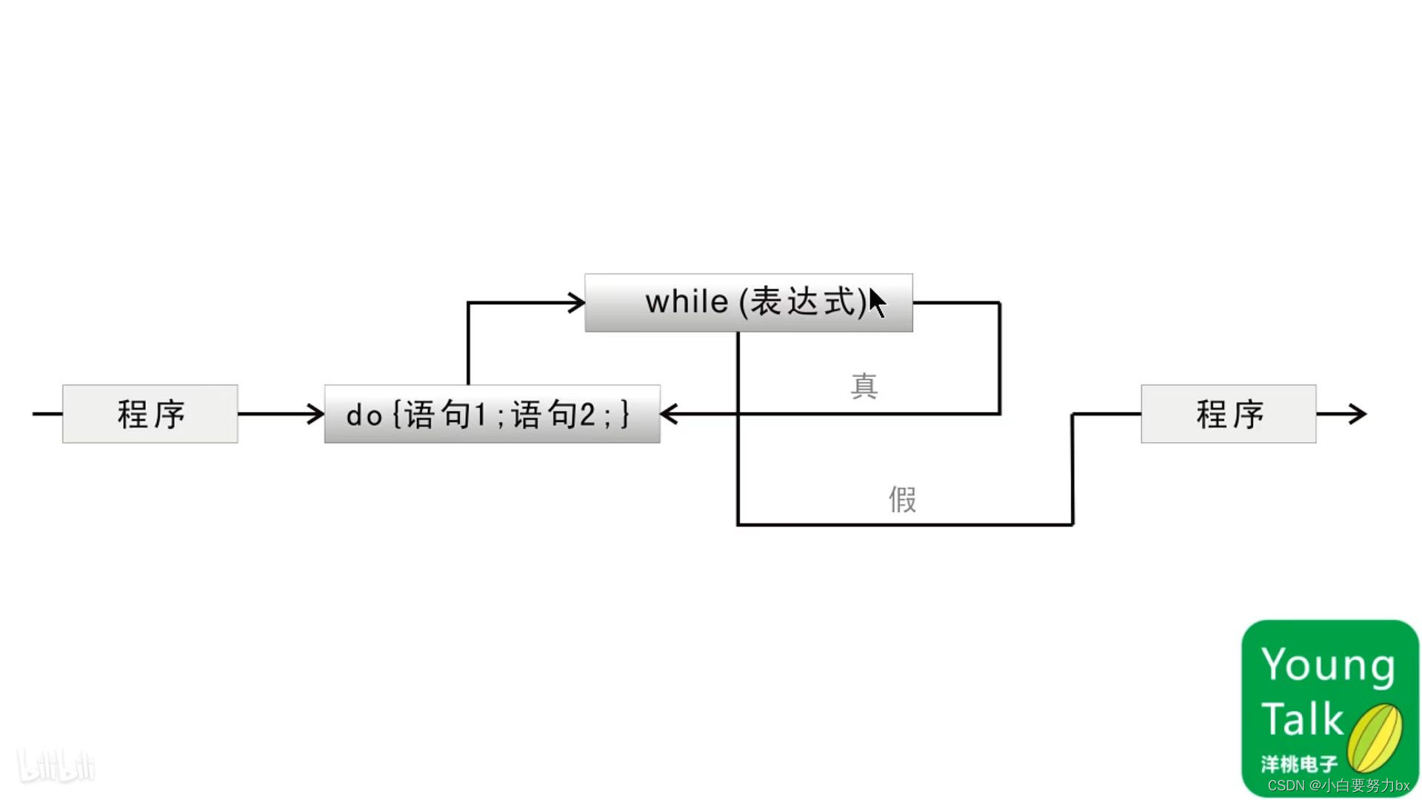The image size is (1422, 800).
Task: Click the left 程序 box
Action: [150, 414]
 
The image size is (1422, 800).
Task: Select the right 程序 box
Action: [1228, 414]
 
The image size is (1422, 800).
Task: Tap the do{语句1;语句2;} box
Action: [492, 414]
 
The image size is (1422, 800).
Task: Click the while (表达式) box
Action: [748, 303]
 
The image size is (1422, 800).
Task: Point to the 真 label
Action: [864, 386]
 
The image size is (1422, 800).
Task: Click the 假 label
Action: [902, 499]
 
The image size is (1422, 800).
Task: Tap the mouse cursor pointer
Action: [877, 303]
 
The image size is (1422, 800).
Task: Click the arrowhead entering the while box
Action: [576, 303]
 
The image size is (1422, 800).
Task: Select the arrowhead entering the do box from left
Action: [316, 414]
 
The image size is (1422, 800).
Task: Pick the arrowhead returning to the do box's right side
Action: [669, 414]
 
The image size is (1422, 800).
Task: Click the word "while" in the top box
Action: [687, 302]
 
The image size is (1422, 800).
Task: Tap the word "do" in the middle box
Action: [364, 416]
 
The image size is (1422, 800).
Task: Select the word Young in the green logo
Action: [1328, 664]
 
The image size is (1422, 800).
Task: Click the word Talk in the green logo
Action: [1302, 719]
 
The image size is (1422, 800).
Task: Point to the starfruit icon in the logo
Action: [1375, 737]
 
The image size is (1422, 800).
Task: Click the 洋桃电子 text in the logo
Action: [1299, 764]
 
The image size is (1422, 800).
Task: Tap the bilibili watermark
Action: [56, 766]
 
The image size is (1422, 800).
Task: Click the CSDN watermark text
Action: [1338, 786]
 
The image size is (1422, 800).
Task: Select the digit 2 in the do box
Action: [587, 416]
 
